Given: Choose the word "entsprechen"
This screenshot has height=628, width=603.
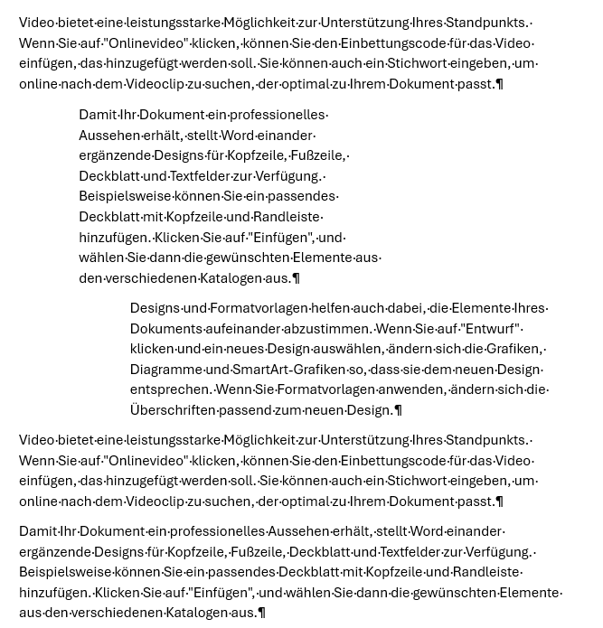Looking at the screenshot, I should pyautogui.click(x=169, y=389).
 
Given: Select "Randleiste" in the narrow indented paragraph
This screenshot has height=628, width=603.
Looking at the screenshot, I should pyautogui.click(x=287, y=217).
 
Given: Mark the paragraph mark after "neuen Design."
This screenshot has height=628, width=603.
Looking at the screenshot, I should pyautogui.click(x=399, y=410).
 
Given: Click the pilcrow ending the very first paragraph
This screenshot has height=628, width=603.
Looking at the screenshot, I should pyautogui.click(x=500, y=84).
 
